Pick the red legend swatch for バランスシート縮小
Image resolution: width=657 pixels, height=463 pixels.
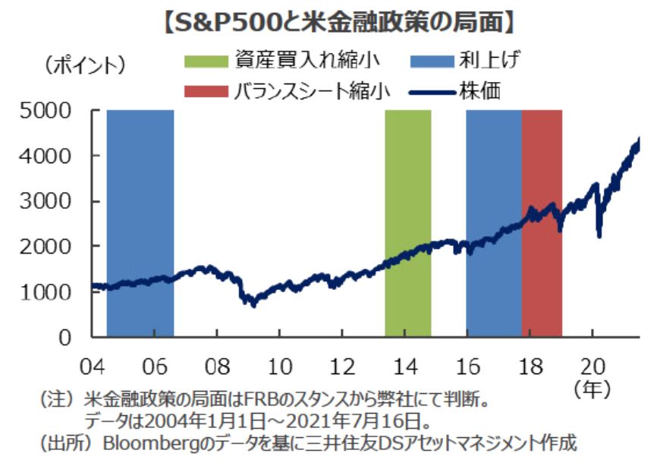click(x=206, y=91)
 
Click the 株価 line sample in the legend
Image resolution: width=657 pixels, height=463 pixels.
click(x=430, y=91)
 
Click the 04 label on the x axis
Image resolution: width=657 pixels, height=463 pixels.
click(x=93, y=367)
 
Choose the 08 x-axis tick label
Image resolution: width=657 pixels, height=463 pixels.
click(x=218, y=367)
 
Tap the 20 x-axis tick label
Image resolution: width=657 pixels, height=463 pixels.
click(x=593, y=367)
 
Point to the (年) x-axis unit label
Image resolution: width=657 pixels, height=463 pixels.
click(x=593, y=389)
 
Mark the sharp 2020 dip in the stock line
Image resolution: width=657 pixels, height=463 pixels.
click(x=599, y=234)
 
